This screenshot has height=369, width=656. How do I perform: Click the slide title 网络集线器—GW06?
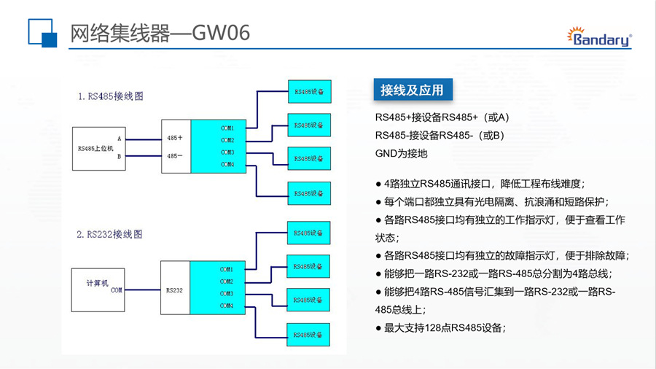point(160,34)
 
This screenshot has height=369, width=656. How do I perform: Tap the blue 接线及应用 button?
point(411,90)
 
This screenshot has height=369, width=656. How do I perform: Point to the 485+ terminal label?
point(174,137)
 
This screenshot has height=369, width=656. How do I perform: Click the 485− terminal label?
point(174,155)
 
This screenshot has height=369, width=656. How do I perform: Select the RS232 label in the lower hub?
point(174,290)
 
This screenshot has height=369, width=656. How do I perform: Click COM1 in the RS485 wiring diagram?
point(227,128)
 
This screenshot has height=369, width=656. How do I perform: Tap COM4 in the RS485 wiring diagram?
point(227,164)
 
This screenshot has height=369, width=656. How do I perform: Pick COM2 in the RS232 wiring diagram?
point(227,281)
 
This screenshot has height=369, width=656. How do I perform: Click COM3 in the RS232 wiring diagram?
point(227,293)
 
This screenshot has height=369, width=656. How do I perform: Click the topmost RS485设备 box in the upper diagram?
point(309,91)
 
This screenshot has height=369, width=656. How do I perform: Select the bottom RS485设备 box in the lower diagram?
point(308,334)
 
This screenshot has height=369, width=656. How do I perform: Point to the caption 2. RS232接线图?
point(109,234)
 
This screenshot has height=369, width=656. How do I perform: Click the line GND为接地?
point(401,154)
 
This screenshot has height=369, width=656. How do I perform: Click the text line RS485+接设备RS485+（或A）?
point(442,117)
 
